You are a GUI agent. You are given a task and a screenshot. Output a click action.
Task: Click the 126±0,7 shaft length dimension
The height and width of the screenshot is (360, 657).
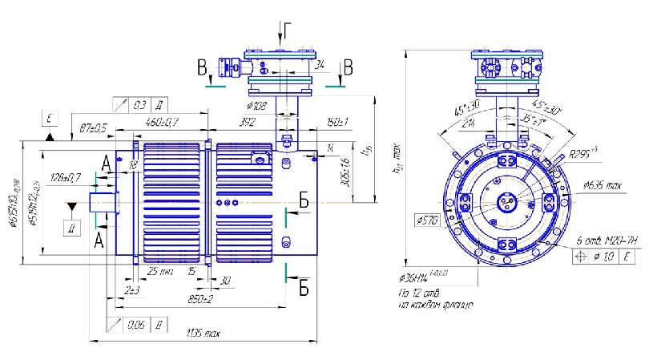point(66,176)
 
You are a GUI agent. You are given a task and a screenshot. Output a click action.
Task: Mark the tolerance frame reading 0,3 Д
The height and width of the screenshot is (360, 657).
point(143,104)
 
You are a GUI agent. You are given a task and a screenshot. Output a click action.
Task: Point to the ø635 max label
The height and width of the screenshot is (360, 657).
point(603,186)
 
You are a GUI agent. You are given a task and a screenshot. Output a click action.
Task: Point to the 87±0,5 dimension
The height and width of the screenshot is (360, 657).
point(95,127)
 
